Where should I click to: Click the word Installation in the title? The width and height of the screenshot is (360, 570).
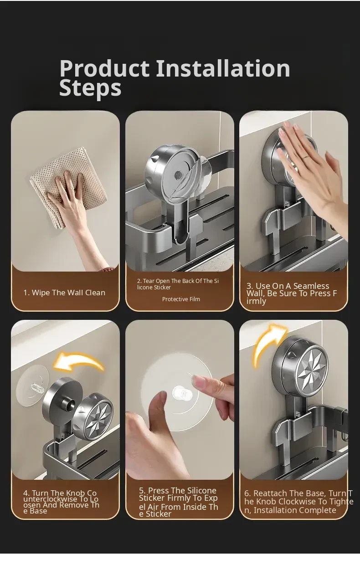pyautogui.click(x=223, y=68)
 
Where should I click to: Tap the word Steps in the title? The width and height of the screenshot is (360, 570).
pyautogui.click(x=90, y=88)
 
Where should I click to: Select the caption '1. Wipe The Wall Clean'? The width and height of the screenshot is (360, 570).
pyautogui.click(x=64, y=293)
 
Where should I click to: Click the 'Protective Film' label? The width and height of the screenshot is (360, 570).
pyautogui.click(x=181, y=299)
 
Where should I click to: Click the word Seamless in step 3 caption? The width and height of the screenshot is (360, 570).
pyautogui.click(x=311, y=286)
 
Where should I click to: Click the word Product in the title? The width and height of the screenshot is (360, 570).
pyautogui.click(x=104, y=68)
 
